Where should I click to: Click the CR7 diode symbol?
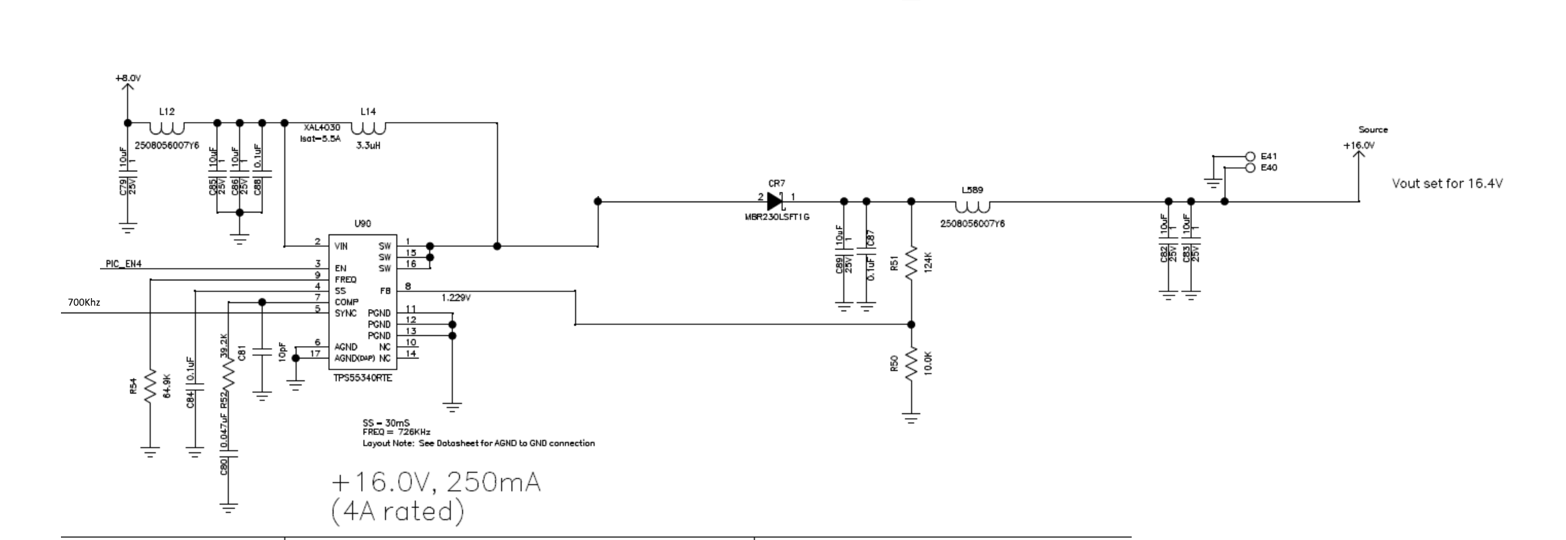pos(775,201)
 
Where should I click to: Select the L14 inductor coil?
pos(369,127)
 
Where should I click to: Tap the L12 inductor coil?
pos(166,127)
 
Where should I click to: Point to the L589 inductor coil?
pos(972,206)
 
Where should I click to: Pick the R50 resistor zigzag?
pos(910,365)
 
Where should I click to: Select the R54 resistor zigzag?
pos(150,391)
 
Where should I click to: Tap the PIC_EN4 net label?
pos(123,264)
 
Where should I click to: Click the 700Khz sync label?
pos(84,302)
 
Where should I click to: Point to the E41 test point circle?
pos(1250,156)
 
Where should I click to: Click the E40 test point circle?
pos(1250,168)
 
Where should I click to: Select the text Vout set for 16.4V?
pos(1447,184)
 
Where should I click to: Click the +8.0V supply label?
pos(128,78)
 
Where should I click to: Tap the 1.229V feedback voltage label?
pos(456,297)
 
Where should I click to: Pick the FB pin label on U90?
pos(385,291)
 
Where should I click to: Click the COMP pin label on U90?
pos(346,302)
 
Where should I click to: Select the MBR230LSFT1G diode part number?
pos(777,217)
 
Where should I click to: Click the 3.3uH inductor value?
pos(369,146)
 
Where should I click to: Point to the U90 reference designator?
pos(362,224)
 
